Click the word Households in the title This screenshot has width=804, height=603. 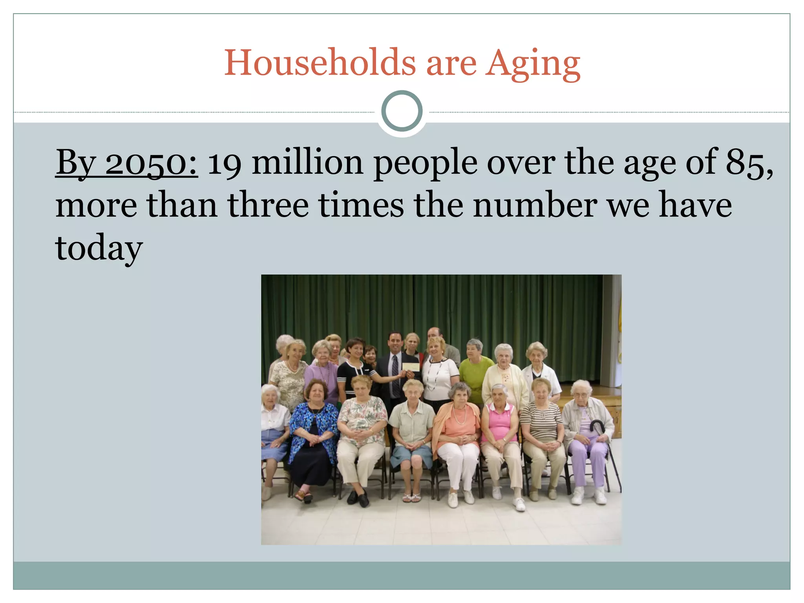[320, 63]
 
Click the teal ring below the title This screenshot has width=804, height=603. [402, 111]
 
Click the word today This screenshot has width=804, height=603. [99, 248]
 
